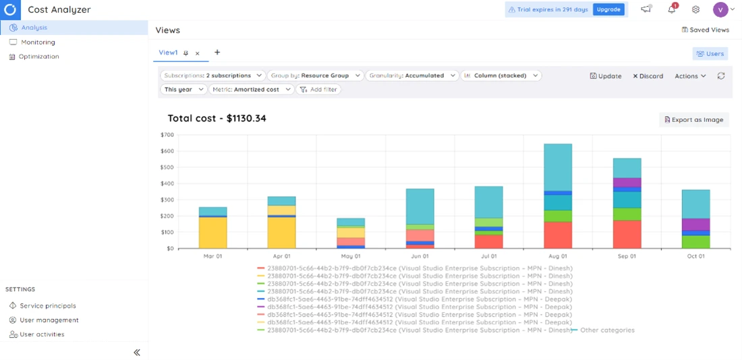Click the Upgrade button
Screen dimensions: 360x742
(x=608, y=9)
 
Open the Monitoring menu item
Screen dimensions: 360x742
(x=38, y=42)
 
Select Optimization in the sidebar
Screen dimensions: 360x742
(x=38, y=57)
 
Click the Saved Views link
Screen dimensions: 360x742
(x=706, y=30)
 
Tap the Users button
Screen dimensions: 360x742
(x=710, y=53)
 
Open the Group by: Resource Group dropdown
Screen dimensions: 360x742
(x=315, y=76)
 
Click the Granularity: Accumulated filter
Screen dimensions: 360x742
(x=412, y=76)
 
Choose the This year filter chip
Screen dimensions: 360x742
(x=183, y=89)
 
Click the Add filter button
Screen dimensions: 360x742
(x=320, y=89)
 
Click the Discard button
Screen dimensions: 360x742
(x=648, y=76)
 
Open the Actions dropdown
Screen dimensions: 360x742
(x=690, y=76)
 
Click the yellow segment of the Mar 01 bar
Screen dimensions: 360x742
(x=212, y=233)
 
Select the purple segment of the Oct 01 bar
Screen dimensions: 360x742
(x=695, y=224)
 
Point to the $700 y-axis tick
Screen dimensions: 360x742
(x=167, y=135)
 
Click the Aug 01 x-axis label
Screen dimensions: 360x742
(x=558, y=256)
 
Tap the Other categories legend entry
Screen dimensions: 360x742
(x=606, y=330)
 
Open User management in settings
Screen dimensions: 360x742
(x=49, y=320)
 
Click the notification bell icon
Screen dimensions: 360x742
(x=671, y=9)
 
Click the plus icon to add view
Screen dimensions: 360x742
(x=217, y=53)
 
